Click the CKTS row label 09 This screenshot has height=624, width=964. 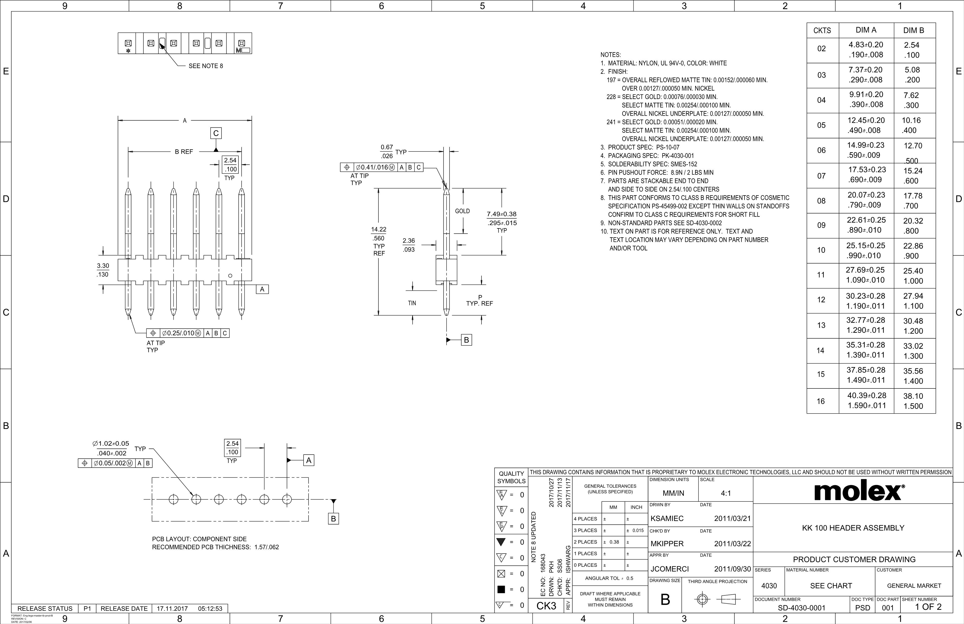[821, 225]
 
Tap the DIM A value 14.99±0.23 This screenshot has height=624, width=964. [866, 145]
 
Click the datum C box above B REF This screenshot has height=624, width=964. [216, 133]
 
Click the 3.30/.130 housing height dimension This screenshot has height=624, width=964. [103, 270]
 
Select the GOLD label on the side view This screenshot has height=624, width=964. [462, 211]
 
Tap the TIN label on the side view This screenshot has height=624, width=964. [412, 303]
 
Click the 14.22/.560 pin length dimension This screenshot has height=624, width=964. [379, 234]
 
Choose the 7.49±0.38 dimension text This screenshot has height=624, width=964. [501, 214]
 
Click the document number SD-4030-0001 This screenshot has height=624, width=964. [801, 608]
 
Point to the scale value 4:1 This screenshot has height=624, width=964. [726, 494]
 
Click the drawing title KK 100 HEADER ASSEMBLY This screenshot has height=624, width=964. [853, 528]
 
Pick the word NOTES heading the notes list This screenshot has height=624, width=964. [610, 55]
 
